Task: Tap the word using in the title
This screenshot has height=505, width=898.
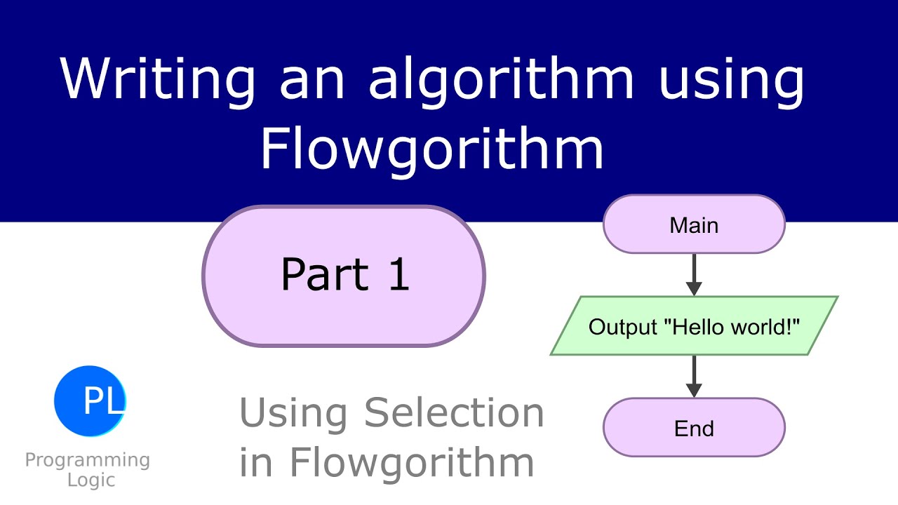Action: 732,79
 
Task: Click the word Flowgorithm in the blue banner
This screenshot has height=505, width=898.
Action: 432,149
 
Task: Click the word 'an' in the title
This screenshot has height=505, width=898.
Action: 312,79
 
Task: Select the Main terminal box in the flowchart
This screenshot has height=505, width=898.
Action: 694,224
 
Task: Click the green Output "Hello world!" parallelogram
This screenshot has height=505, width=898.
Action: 694,326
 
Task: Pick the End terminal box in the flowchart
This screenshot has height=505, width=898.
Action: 694,428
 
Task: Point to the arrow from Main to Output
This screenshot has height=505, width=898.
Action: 694,274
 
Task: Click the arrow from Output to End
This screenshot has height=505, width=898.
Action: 694,377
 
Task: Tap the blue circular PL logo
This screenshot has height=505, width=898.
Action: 90,400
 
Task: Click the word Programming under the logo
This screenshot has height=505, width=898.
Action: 88,461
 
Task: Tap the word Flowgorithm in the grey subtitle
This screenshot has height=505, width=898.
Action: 412,462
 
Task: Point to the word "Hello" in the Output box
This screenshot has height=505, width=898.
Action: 695,326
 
